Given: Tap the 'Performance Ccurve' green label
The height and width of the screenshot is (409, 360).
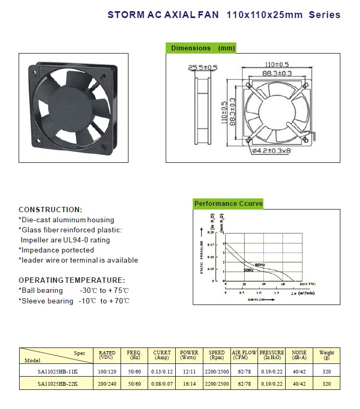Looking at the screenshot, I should pyautogui.click(x=228, y=204).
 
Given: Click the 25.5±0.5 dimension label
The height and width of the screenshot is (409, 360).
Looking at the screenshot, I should pyautogui.click(x=202, y=67).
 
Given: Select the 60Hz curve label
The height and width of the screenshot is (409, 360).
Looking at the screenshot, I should pyautogui.click(x=259, y=264).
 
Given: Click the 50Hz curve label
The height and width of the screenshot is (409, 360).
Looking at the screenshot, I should pyautogui.click(x=248, y=271).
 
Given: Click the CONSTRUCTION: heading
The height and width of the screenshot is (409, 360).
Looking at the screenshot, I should pyautogui.click(x=50, y=210).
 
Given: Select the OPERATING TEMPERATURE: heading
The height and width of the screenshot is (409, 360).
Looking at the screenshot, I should pyautogui.click(x=72, y=280).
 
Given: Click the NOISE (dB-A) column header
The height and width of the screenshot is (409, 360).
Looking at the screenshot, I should pyautogui.click(x=299, y=355).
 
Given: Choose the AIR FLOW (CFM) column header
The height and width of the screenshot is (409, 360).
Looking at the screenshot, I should pyautogui.click(x=244, y=355).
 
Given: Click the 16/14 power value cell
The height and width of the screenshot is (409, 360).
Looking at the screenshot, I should pyautogui.click(x=189, y=384).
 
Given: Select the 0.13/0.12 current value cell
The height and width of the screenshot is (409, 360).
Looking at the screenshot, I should pyautogui.click(x=162, y=371).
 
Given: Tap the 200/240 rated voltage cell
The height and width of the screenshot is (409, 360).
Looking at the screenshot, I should pyautogui.click(x=107, y=384).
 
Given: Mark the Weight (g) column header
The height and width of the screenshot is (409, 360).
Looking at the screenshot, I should pyautogui.click(x=327, y=355).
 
